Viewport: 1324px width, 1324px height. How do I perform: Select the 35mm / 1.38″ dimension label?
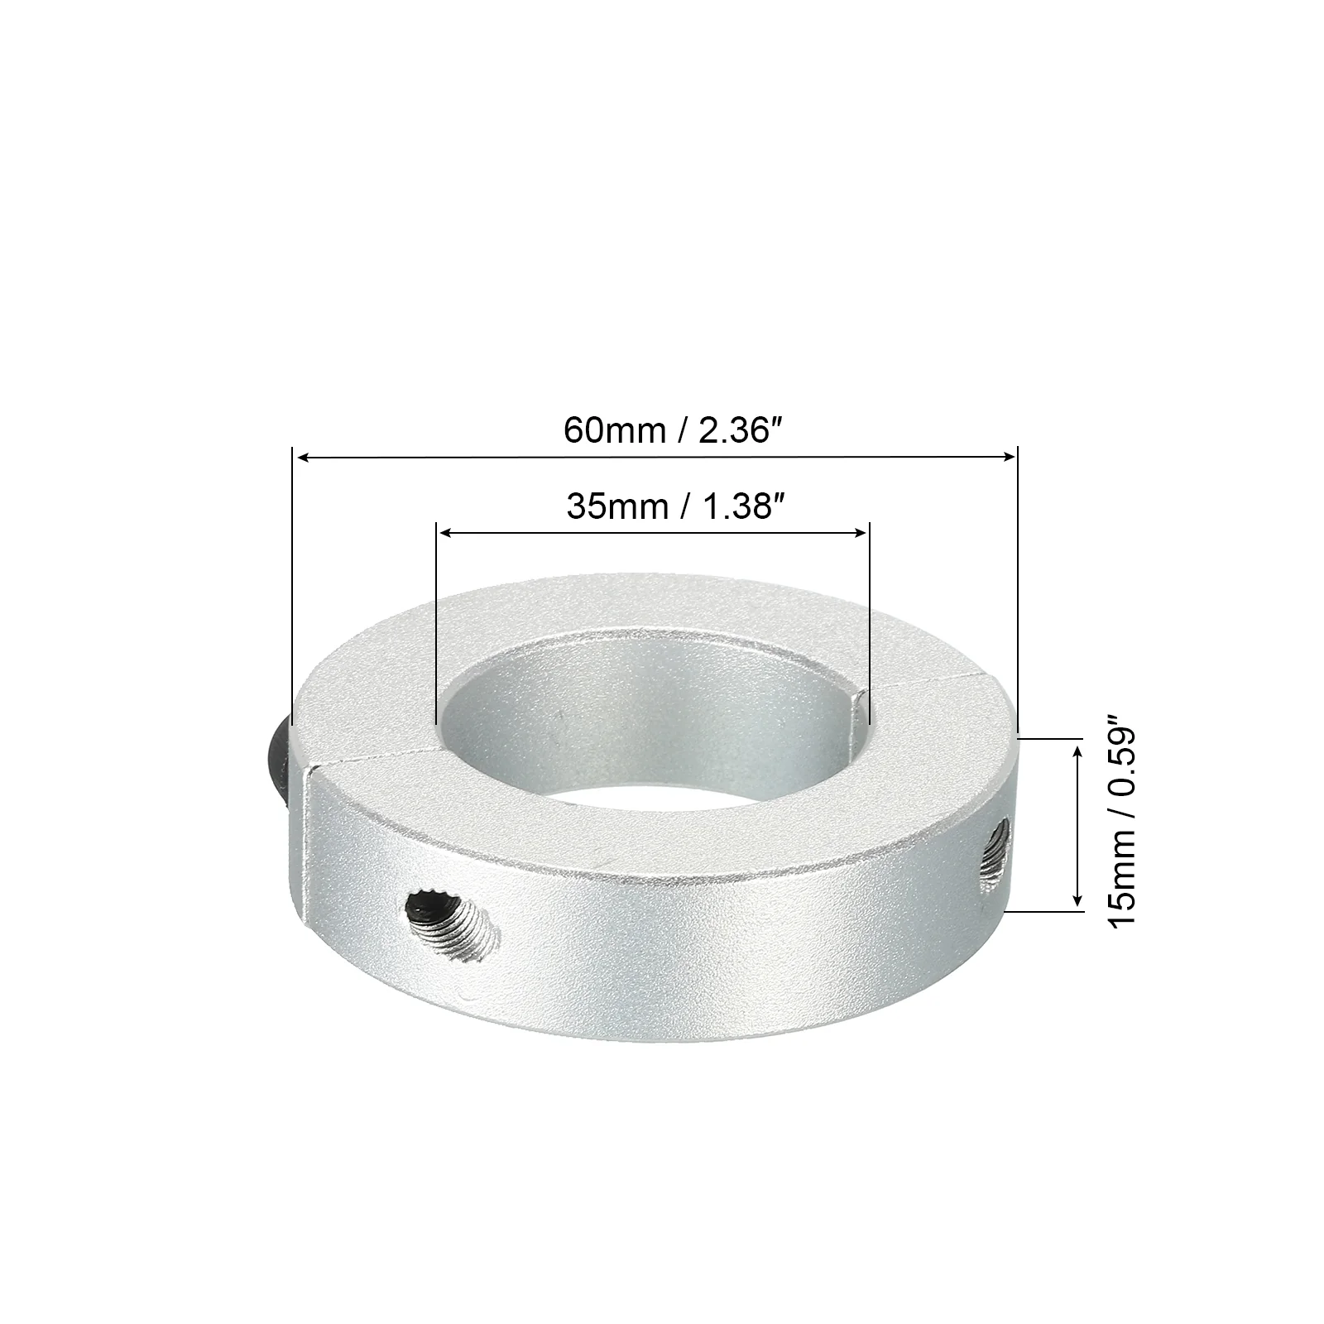[674, 506]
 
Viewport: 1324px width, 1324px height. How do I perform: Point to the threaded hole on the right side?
[994, 860]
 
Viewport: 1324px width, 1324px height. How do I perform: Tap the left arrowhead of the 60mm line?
[303, 457]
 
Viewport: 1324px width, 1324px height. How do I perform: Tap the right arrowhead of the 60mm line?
[1008, 455]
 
